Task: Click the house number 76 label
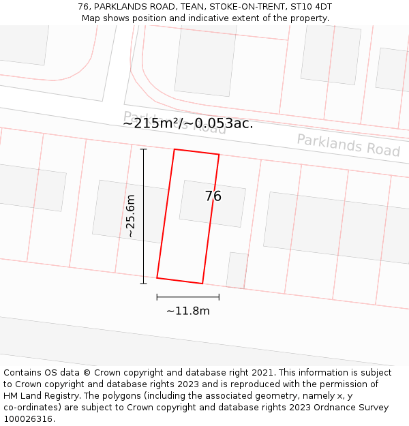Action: (213, 196)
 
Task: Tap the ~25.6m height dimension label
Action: (131, 216)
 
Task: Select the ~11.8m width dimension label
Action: (188, 311)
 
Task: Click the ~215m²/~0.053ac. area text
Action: (188, 123)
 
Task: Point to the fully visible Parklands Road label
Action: (348, 145)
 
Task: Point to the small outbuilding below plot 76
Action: (237, 270)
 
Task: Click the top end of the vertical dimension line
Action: (143, 149)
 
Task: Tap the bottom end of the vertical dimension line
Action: (143, 284)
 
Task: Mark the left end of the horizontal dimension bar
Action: (157, 297)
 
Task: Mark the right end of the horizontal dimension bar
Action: (219, 297)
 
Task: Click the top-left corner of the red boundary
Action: (175, 149)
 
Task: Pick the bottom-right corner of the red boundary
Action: (202, 284)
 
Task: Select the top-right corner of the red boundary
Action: (219, 155)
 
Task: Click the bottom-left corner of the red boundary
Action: (157, 278)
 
